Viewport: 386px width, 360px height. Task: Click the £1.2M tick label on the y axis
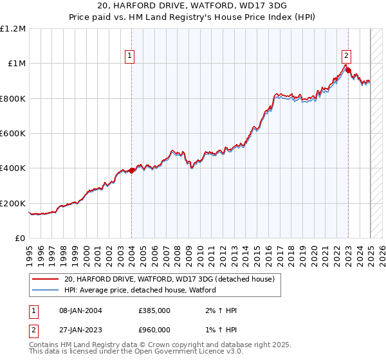click(x=14, y=28)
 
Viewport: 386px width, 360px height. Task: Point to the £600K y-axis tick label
click(x=13, y=133)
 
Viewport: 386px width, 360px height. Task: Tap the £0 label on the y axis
click(x=20, y=238)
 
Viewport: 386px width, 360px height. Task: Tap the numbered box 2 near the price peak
click(x=346, y=55)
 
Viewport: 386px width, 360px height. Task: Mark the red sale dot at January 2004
click(x=131, y=170)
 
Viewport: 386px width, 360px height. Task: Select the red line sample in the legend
click(x=45, y=279)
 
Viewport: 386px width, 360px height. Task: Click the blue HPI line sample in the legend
click(x=45, y=290)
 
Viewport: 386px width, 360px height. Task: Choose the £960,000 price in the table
click(x=154, y=330)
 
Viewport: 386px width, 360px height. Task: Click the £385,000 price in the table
click(x=154, y=310)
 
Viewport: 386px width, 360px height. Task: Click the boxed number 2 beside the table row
click(x=33, y=330)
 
